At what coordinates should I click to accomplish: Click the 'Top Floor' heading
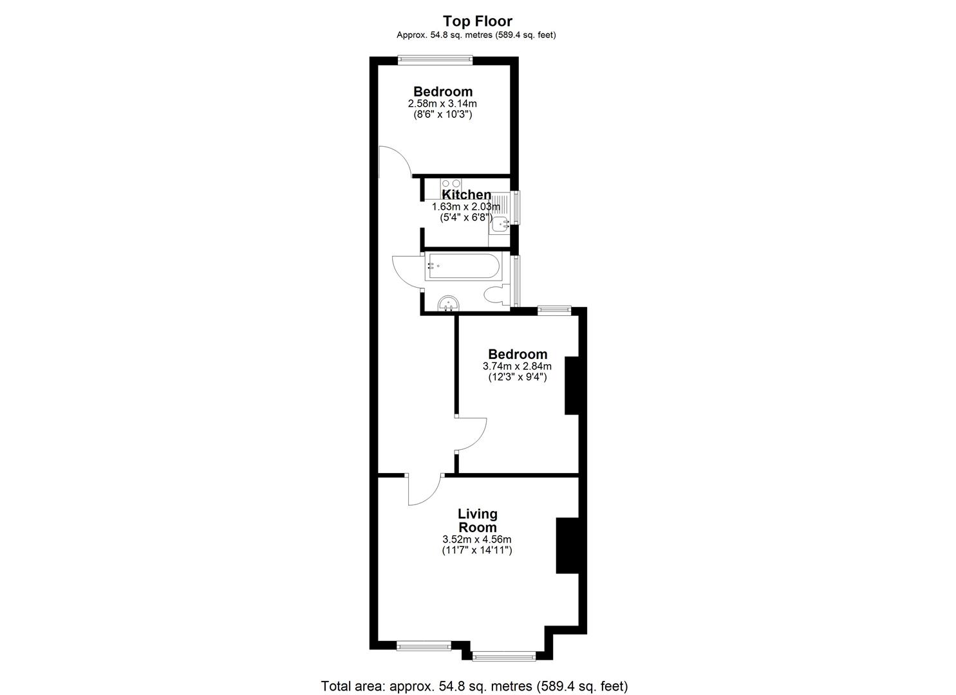pyautogui.click(x=477, y=21)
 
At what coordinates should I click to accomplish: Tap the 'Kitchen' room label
pyautogui.click(x=467, y=195)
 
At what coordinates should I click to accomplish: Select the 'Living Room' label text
pyautogui.click(x=478, y=521)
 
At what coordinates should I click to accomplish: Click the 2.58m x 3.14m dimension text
pyautogui.click(x=442, y=104)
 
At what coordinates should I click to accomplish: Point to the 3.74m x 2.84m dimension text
pyautogui.click(x=517, y=366)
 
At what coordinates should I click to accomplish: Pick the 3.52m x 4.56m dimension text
pyautogui.click(x=477, y=539)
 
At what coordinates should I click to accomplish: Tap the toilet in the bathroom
pyautogui.click(x=496, y=296)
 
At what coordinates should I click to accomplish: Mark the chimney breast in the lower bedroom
pyautogui.click(x=572, y=385)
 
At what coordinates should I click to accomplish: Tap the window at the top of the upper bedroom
pyautogui.click(x=435, y=60)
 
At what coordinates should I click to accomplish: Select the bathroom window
pyautogui.click(x=516, y=281)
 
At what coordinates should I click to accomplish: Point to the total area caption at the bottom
pyautogui.click(x=474, y=686)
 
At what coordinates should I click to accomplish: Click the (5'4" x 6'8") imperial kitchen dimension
pyautogui.click(x=466, y=218)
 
